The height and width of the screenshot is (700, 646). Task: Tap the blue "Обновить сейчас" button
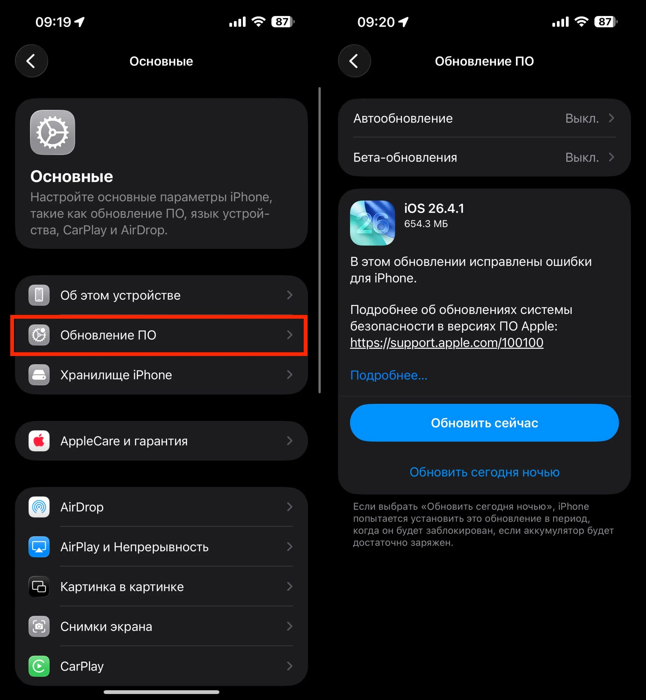pos(484,423)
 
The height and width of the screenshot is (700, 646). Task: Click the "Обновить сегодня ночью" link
pos(484,472)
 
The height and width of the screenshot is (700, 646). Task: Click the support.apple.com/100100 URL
pos(446,343)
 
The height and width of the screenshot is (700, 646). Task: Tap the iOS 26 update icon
pos(372,223)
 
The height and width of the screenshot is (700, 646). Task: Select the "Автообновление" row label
pos(403,118)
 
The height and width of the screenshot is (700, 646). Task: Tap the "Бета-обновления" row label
pos(405,157)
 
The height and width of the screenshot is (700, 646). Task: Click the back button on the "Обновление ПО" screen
pos(354,61)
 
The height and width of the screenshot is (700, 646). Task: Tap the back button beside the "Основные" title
pos(31,61)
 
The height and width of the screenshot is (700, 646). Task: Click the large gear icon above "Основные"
pos(53,132)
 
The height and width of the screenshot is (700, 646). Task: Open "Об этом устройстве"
pos(120,295)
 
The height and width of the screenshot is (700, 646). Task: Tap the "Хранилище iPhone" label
pos(116,375)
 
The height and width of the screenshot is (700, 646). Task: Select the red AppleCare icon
pos(39,441)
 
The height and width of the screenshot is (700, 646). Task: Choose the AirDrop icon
pos(39,507)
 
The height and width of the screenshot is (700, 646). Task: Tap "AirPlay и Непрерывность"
pos(134,547)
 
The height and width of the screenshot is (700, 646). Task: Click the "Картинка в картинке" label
pos(122,587)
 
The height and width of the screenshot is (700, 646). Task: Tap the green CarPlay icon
pos(39,666)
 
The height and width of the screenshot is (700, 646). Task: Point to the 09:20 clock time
pos(376,22)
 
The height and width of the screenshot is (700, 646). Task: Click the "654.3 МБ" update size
pos(426,224)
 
